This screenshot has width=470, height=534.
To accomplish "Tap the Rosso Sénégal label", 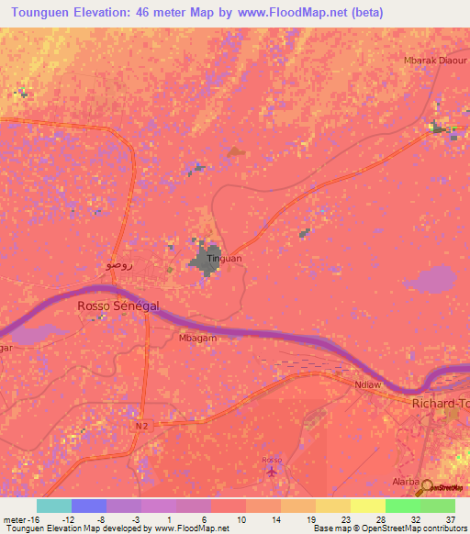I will (x=118, y=306).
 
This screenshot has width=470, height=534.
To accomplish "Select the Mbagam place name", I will (x=193, y=337).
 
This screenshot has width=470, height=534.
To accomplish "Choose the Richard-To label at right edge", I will (x=441, y=403).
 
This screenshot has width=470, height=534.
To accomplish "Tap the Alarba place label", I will (x=405, y=481).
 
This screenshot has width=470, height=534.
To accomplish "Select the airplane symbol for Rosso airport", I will (x=271, y=472).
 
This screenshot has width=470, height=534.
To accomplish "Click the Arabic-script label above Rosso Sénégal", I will (x=118, y=265).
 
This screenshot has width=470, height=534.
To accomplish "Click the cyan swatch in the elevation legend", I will (x=54, y=506).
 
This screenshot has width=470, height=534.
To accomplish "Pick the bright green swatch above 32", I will (x=402, y=506).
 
